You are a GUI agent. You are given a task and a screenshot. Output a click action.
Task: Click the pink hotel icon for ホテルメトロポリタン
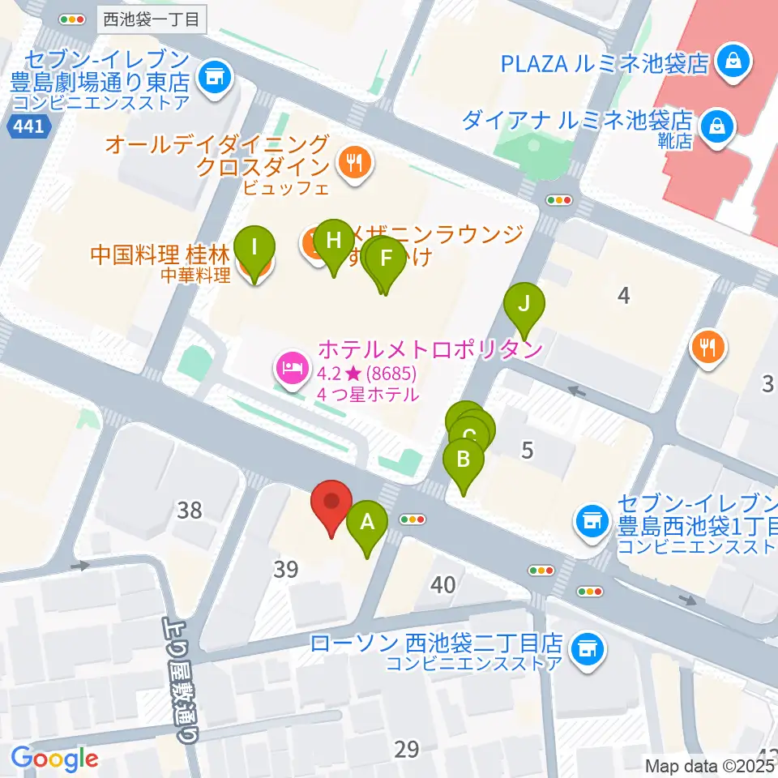pyautogui.click(x=290, y=368)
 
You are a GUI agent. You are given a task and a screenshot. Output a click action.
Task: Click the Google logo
pyautogui.click(x=54, y=759)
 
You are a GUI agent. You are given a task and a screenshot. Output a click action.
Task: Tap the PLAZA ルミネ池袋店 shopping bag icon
pyautogui.click(x=733, y=63)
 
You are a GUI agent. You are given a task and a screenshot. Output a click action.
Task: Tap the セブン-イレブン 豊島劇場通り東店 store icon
pyautogui.click(x=214, y=78)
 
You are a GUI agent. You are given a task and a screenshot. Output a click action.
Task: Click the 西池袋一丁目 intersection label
pyautogui.click(x=151, y=19)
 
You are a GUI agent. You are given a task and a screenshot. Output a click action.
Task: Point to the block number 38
pyautogui.click(x=189, y=510)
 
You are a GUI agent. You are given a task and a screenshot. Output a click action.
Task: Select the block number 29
pyautogui.click(x=406, y=750)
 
